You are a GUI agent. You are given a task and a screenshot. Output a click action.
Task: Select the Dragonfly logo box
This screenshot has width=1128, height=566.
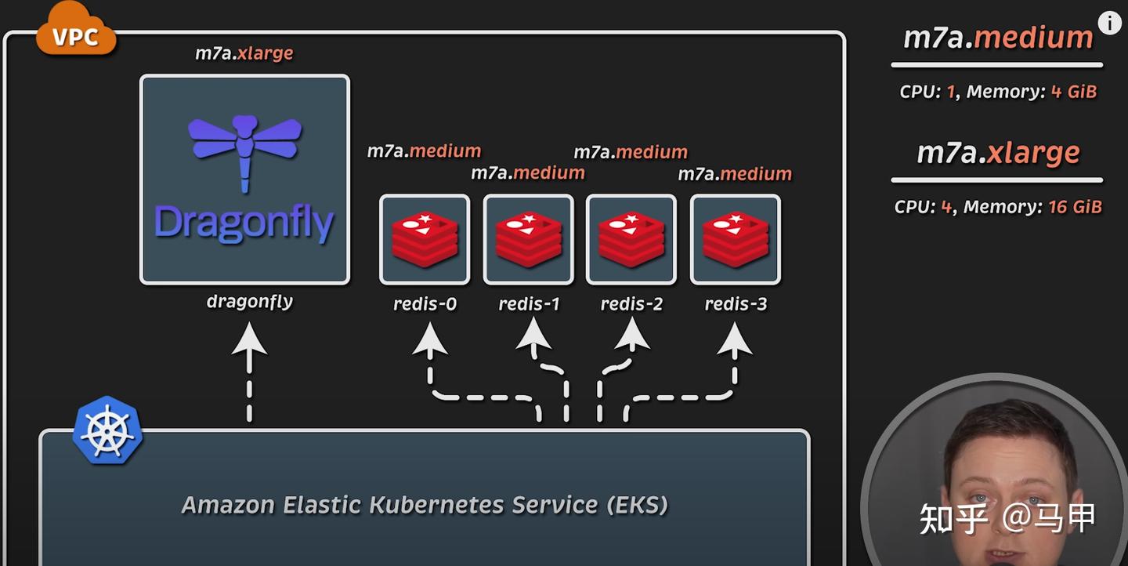244,180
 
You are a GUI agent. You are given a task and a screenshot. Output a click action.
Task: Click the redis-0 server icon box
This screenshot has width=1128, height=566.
425,239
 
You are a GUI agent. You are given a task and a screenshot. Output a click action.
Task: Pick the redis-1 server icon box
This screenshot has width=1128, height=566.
528,239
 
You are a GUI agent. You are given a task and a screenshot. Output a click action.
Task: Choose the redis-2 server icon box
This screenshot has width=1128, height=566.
631,239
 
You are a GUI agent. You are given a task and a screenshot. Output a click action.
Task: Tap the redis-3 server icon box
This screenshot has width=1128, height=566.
735,239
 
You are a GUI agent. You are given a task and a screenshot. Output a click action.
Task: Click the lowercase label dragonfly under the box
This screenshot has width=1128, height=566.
249,302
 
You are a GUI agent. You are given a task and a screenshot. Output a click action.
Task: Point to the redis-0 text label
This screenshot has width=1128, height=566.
425,304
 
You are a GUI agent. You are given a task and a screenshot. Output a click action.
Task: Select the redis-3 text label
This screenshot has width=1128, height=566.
736,304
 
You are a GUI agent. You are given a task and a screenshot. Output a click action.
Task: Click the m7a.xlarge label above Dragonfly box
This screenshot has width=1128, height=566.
244,53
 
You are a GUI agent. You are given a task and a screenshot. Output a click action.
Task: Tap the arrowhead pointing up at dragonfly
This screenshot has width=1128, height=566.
249,339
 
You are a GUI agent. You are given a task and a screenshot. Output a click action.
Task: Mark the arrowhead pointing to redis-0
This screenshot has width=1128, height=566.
430,339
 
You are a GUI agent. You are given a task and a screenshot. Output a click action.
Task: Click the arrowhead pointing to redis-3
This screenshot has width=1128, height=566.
735,339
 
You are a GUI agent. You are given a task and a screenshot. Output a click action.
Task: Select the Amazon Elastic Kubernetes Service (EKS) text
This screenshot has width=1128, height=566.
425,505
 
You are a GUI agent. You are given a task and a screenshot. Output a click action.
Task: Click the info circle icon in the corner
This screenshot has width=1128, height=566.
1109,23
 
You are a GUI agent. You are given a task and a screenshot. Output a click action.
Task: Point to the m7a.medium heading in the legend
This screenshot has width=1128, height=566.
998,38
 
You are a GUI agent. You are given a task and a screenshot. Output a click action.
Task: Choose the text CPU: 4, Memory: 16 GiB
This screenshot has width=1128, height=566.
998,207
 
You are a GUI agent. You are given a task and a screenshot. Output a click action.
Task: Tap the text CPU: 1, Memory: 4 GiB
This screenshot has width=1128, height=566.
998,92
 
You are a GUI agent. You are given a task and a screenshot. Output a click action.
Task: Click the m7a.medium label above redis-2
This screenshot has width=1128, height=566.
631,152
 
